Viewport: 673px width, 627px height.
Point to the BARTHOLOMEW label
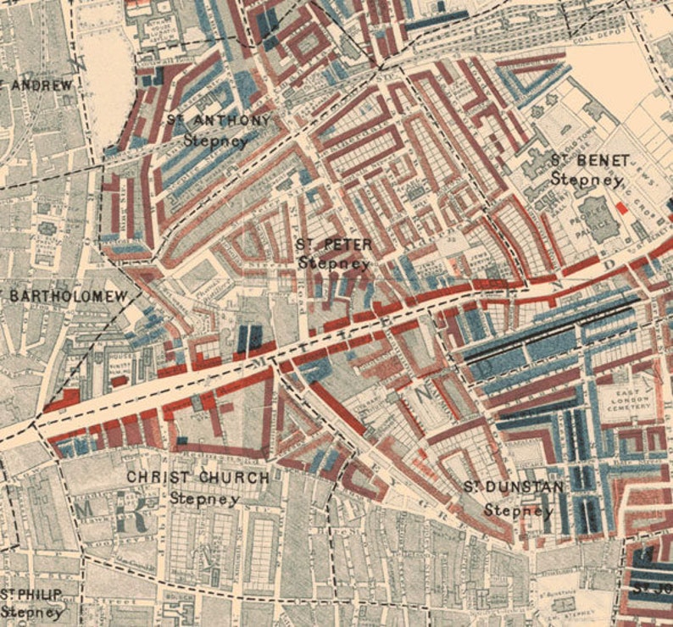[66, 296]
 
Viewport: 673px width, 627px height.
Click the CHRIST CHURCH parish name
[197, 478]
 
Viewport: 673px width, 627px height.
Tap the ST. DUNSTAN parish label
[513, 487]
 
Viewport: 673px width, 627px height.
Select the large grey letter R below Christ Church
[134, 518]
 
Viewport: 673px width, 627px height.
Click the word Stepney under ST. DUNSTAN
[513, 510]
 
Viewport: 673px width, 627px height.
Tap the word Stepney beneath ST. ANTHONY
[217, 140]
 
